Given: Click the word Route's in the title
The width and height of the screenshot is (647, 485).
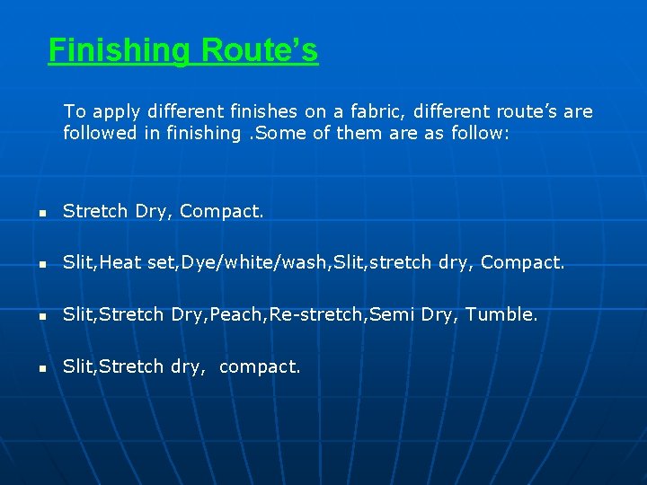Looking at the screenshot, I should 260,50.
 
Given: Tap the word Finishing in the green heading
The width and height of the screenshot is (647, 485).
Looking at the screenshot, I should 120,50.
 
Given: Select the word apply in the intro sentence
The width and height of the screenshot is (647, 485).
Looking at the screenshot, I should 117,112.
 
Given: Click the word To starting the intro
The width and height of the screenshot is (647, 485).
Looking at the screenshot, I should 75,112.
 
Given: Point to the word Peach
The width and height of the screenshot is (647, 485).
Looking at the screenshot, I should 224,314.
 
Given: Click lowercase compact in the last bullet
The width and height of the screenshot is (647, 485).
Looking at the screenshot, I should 260,367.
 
